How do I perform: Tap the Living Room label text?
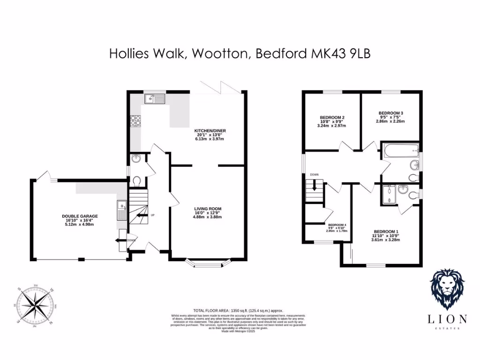point(208,209)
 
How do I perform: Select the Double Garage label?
point(80,216)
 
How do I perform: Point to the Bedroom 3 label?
point(391,113)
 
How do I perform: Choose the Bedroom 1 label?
point(387,232)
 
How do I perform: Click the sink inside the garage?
point(121,205)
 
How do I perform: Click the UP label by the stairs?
point(153,216)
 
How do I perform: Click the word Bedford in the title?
point(281,54)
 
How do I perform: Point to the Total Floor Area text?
point(239,310)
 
